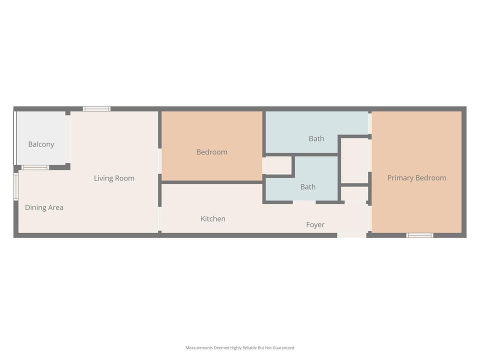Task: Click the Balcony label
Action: point(41,144)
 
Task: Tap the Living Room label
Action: point(114,178)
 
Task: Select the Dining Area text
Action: point(44,207)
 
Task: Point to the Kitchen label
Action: point(213,218)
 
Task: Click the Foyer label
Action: point(315,224)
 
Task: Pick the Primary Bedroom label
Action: point(417,178)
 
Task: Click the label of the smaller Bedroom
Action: point(212,152)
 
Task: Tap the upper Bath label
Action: point(316,138)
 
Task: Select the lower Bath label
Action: point(308,186)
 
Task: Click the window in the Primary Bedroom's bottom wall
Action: point(419,235)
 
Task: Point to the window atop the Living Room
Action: point(96,108)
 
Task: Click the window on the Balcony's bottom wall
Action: point(35,167)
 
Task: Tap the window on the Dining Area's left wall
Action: point(16,186)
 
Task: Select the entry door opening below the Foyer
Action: point(352,235)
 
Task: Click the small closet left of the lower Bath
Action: point(277,165)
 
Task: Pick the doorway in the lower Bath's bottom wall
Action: point(304,202)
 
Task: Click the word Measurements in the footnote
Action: point(199,348)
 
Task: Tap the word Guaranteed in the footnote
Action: point(283,348)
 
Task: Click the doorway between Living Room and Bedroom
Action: point(160,161)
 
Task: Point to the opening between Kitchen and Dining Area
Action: point(160,219)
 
